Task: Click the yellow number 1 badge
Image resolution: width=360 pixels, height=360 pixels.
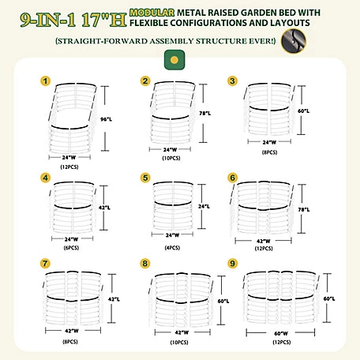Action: click(x=46, y=81)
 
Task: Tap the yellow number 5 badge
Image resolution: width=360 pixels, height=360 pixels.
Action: click(x=145, y=178)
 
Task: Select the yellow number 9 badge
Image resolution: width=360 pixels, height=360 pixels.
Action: click(x=232, y=263)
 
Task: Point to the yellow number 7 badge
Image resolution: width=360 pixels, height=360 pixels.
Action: click(x=45, y=263)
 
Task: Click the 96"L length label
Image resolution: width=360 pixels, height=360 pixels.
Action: click(x=106, y=119)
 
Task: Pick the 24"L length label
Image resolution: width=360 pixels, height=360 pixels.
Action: click(x=204, y=207)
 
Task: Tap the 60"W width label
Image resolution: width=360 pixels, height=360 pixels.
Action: click(x=281, y=333)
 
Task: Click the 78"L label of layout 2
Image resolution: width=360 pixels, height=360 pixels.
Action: click(x=205, y=114)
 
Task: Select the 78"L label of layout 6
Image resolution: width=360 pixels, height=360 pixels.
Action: click(x=304, y=210)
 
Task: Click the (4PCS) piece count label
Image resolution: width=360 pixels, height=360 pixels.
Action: click(x=172, y=248)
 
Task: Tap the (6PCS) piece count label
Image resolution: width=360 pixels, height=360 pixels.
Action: click(x=71, y=248)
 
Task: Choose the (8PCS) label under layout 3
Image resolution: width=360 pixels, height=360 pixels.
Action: click(x=270, y=152)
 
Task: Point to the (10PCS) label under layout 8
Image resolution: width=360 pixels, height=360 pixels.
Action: click(x=179, y=343)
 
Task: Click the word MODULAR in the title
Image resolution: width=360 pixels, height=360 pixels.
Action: click(x=152, y=13)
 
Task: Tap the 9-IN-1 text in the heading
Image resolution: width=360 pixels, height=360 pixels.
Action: click(x=48, y=20)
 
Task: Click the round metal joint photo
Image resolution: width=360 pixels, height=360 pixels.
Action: click(x=294, y=41)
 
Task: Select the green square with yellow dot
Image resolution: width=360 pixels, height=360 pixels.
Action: click(x=174, y=60)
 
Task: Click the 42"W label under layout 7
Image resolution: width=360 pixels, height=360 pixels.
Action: click(x=72, y=331)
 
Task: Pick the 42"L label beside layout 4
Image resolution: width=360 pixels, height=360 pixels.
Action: click(x=104, y=208)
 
